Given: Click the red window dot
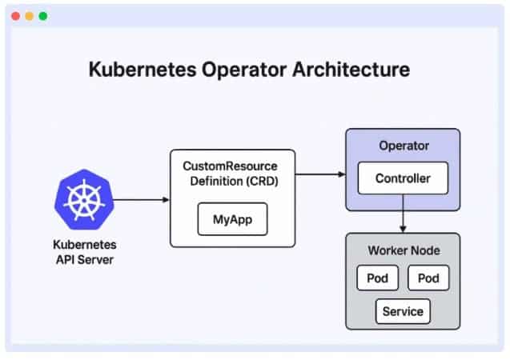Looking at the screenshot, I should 15,16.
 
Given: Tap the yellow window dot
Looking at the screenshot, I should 29,16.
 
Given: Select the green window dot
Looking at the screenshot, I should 42,16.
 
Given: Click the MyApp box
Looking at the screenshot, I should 232,218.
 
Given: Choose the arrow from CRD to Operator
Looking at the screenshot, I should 319,172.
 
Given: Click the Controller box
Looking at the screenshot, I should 402,178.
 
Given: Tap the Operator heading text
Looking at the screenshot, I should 402,146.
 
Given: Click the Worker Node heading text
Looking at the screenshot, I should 403,250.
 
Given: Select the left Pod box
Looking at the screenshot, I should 377,278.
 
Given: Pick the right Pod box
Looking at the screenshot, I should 428,278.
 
